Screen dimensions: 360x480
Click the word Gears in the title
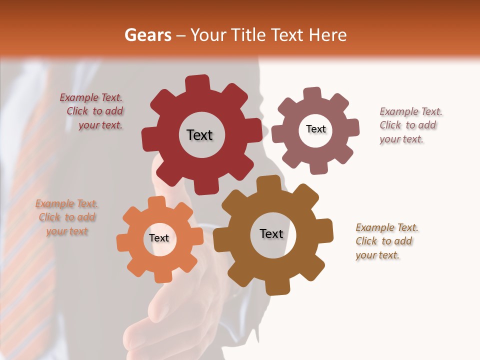147,35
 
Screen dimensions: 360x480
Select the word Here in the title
327,35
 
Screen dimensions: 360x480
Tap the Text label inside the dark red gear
199,135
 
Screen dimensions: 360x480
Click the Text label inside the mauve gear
315,129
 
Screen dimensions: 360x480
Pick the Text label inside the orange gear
158,238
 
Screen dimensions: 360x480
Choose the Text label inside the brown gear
271,233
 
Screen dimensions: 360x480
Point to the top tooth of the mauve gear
312,94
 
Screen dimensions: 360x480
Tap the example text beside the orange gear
66,217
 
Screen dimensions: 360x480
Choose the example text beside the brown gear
385,241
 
